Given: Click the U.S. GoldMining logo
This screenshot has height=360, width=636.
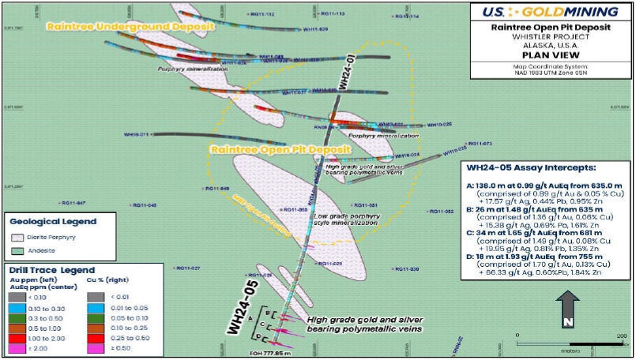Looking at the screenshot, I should click(551, 12).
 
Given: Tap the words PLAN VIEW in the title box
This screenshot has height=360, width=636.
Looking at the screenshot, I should click(551, 56).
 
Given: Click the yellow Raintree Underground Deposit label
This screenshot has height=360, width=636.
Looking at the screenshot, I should click(130, 26).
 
